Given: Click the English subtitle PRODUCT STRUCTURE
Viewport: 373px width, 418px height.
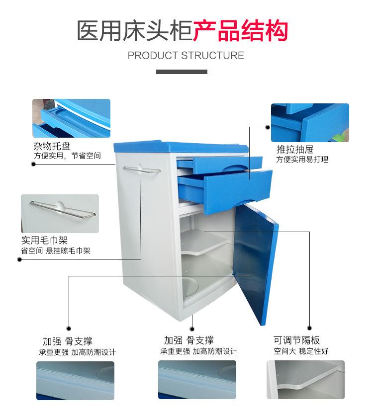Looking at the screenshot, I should [x=186, y=55].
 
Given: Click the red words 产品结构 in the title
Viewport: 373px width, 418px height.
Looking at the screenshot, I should [x=240, y=30].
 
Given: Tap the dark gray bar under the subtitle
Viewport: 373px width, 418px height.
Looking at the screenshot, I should [x=182, y=72].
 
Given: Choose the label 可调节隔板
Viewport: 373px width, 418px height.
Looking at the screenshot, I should [x=296, y=340].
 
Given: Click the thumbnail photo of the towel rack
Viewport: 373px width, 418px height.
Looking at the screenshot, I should [x=60, y=213].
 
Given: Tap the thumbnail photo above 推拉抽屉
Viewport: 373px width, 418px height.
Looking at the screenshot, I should [x=310, y=123].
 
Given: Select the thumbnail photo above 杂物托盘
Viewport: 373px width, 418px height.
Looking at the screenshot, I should [x=71, y=118].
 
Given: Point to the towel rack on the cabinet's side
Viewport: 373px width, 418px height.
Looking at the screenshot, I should [x=142, y=170].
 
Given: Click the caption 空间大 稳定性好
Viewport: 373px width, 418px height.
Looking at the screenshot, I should [x=301, y=351].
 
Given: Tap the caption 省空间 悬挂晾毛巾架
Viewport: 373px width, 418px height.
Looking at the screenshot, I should [x=56, y=251].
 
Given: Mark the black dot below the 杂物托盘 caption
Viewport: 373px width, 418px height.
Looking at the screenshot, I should [x=33, y=164].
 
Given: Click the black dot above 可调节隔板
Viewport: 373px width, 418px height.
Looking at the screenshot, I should [x=309, y=328].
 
